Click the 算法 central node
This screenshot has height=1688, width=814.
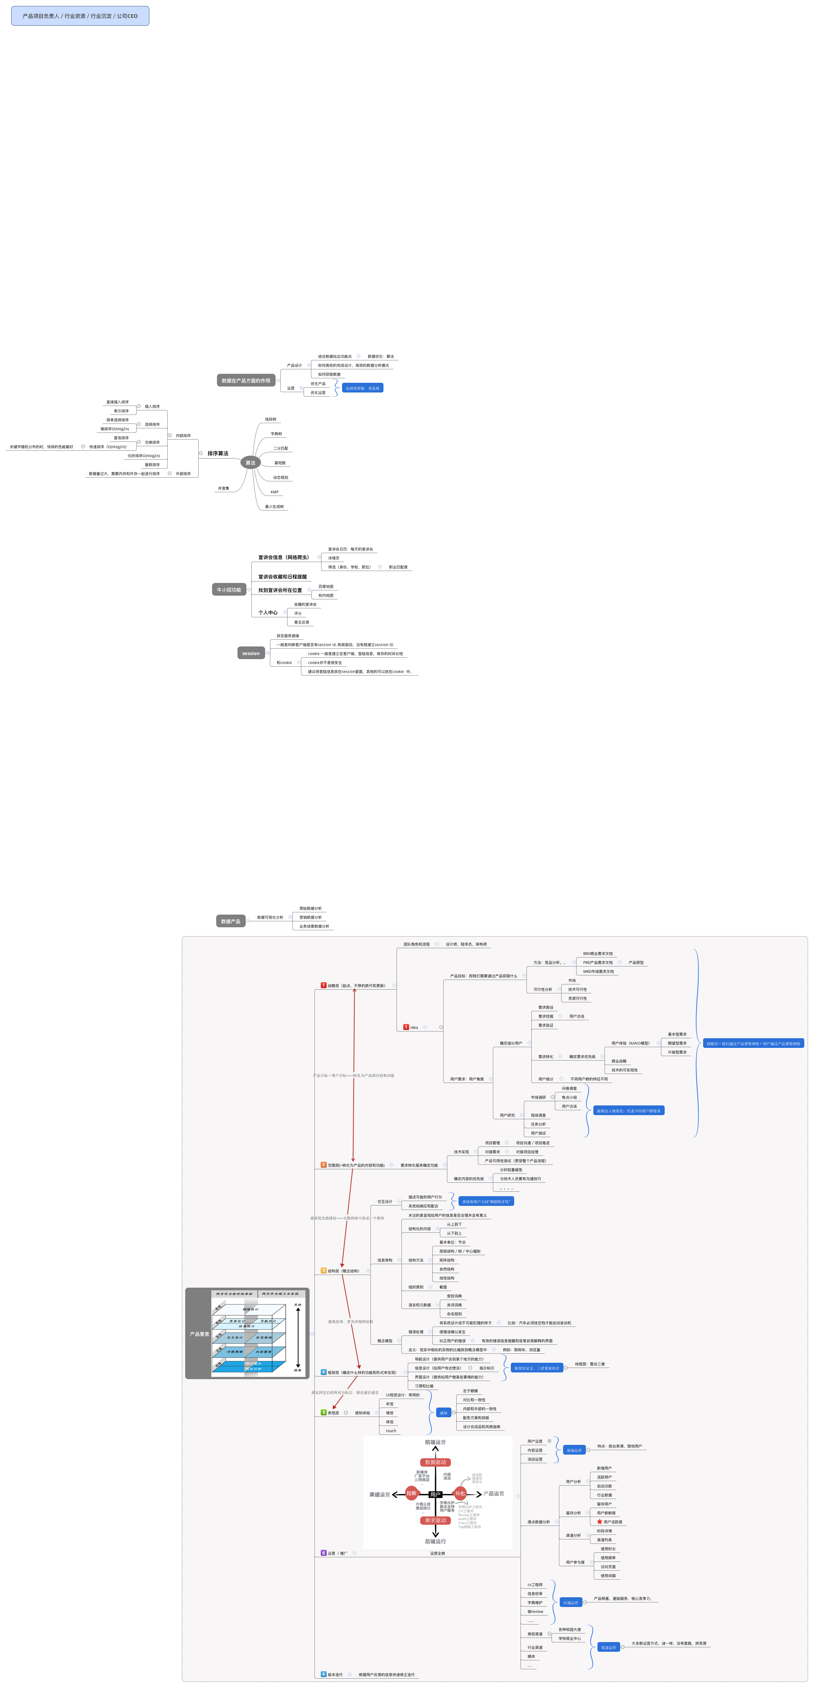click(250, 463)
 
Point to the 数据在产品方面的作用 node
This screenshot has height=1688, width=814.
click(246, 381)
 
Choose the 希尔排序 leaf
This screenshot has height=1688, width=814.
click(121, 411)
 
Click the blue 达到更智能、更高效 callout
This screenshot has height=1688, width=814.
click(363, 388)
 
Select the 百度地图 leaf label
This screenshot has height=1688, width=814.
click(326, 586)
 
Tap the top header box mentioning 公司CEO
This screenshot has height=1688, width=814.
click(80, 16)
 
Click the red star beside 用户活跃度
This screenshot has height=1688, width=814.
click(599, 1521)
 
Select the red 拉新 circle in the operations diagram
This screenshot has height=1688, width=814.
click(411, 1493)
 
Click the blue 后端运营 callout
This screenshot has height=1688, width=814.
click(571, 1602)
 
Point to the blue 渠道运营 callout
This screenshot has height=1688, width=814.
click(608, 1647)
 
